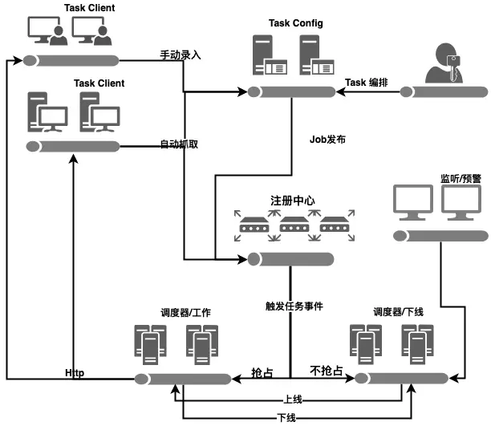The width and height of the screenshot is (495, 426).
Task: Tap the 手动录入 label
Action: [181, 55]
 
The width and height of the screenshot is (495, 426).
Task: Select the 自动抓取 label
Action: [179, 145]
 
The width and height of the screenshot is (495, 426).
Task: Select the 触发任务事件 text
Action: [294, 306]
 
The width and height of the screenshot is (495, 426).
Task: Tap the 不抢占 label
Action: [327, 371]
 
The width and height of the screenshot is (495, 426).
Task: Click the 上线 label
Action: [292, 398]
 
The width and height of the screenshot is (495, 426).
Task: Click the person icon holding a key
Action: [442, 64]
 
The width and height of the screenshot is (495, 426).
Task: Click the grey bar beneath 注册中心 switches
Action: [290, 258]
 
